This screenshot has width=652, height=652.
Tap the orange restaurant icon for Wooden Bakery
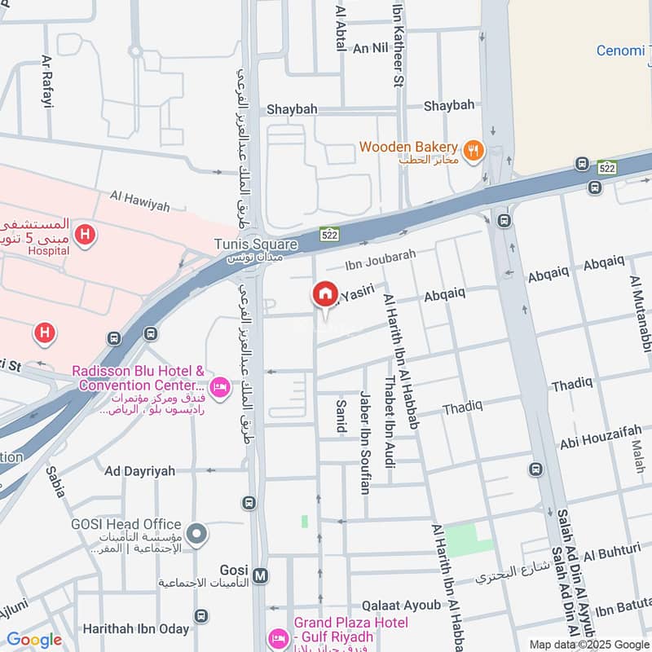click(x=472, y=149)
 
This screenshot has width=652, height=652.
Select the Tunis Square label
click(x=255, y=244)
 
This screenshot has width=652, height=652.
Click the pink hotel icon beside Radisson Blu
click(x=218, y=385)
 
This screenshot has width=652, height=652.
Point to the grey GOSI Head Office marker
click(x=196, y=535)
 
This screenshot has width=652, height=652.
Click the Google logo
click(x=33, y=640)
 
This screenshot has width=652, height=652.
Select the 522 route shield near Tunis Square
click(x=328, y=234)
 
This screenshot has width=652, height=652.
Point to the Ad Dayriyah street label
click(x=139, y=471)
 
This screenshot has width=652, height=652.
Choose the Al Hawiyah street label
click(x=140, y=201)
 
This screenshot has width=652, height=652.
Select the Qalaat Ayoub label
click(x=401, y=605)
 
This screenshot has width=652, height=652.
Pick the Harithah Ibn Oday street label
click(x=135, y=629)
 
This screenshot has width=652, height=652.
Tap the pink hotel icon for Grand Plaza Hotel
click(x=279, y=636)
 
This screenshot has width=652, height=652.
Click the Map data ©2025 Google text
click(x=590, y=644)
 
